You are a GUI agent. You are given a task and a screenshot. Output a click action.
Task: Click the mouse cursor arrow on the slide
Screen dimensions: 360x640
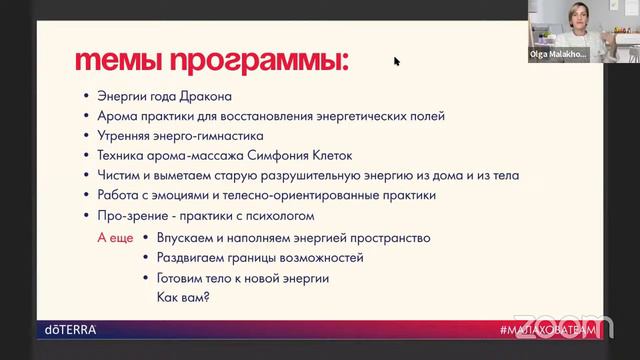point(396,61)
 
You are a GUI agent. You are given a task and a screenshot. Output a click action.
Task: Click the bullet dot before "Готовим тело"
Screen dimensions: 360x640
point(146,278)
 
